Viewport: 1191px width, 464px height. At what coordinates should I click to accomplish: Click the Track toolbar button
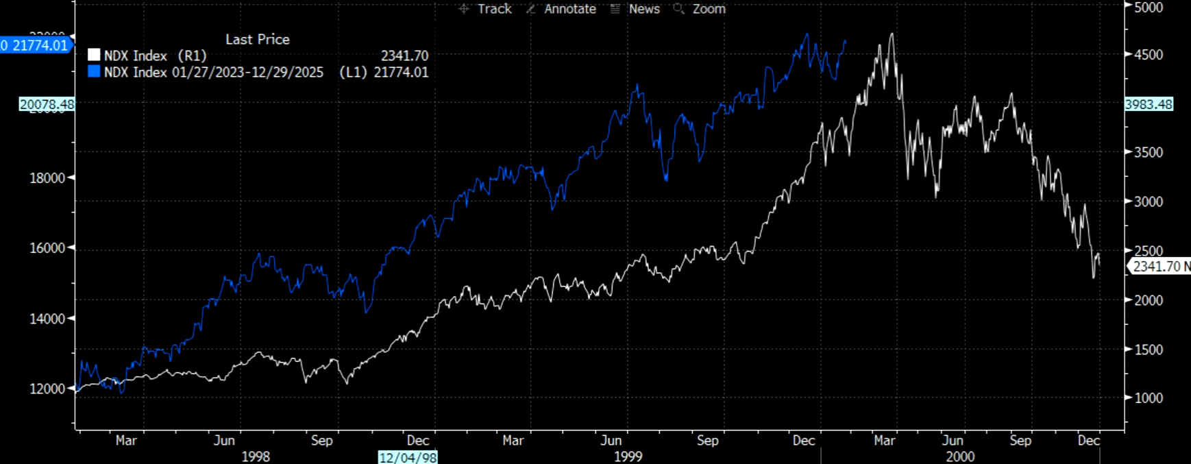tap(486, 9)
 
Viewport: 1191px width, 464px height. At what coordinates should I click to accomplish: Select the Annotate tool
tap(561, 9)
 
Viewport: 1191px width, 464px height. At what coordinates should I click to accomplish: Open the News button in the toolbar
tap(635, 9)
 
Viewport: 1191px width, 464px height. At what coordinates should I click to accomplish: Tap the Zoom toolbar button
tap(700, 9)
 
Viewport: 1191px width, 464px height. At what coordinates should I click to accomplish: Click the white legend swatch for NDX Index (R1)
tap(94, 56)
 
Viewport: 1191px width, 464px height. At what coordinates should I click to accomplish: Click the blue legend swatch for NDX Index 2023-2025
tap(94, 72)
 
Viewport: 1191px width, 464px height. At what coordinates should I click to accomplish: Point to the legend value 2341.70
tap(404, 56)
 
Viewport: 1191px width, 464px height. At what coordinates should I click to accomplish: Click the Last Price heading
tap(258, 40)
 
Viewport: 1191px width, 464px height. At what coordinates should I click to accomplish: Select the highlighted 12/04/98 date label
tap(408, 457)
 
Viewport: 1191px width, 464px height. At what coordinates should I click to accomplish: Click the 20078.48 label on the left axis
tap(47, 104)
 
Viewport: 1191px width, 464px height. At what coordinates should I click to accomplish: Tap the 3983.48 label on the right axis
tap(1149, 104)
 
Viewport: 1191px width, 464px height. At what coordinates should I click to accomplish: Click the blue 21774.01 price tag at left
tap(36, 45)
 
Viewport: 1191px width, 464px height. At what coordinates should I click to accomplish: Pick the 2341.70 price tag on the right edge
tap(1160, 267)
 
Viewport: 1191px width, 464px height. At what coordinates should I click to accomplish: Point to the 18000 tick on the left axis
tap(47, 178)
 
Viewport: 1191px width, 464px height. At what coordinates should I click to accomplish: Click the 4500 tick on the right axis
tap(1149, 55)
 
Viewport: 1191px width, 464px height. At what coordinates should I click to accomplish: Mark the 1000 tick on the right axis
tap(1149, 398)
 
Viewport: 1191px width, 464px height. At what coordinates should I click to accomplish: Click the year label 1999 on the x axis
tap(628, 456)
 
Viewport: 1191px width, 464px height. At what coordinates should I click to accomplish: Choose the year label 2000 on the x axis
tap(959, 456)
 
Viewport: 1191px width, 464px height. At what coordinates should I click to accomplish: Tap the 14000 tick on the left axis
tap(47, 319)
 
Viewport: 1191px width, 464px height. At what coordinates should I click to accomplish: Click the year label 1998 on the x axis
tap(256, 456)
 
